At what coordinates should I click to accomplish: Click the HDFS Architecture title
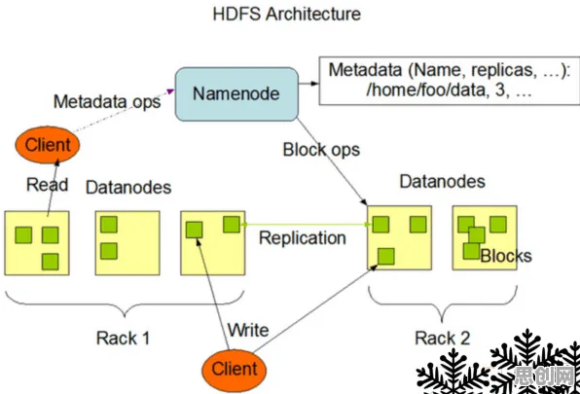[287, 14]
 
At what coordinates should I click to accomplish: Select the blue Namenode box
[236, 94]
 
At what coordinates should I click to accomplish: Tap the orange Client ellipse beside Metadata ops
[48, 145]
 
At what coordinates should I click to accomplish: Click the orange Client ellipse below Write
[235, 369]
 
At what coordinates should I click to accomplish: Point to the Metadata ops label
[107, 101]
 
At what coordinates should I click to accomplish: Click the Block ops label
[321, 150]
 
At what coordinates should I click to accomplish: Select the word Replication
[303, 237]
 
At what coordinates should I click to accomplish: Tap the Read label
[48, 184]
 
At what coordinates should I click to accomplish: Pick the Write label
[248, 330]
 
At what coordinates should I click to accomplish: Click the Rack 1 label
[124, 338]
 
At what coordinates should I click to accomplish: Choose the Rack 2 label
[443, 338]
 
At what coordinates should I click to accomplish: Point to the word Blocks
[506, 256]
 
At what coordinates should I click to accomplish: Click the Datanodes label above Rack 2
[443, 182]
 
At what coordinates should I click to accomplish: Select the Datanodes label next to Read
[128, 188]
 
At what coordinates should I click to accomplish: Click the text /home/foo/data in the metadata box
[425, 90]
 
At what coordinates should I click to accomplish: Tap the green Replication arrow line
[307, 225]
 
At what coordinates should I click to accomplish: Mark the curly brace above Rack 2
[443, 304]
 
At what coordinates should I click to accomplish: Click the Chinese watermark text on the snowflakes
[545, 376]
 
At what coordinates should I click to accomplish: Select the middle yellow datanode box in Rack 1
[127, 243]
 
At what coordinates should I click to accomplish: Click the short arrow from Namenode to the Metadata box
[308, 84]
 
